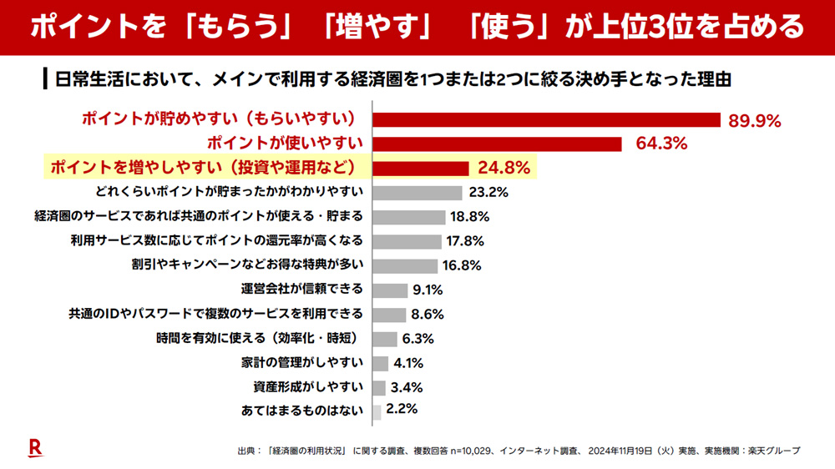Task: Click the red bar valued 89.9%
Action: (x=546, y=119)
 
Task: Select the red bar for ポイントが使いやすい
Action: (x=497, y=144)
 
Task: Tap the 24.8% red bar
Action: (x=421, y=168)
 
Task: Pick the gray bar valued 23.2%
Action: (x=417, y=193)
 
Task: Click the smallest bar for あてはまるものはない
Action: (x=377, y=411)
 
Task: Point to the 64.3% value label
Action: (x=661, y=144)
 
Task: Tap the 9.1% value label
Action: (x=427, y=290)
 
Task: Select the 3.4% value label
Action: (x=407, y=387)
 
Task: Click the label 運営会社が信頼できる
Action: (x=302, y=290)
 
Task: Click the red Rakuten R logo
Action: (x=35, y=447)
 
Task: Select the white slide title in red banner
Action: (x=417, y=28)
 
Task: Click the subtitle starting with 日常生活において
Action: (x=392, y=80)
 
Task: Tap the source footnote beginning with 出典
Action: (x=519, y=451)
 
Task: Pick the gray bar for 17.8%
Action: (x=407, y=241)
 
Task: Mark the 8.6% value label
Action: (x=427, y=315)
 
